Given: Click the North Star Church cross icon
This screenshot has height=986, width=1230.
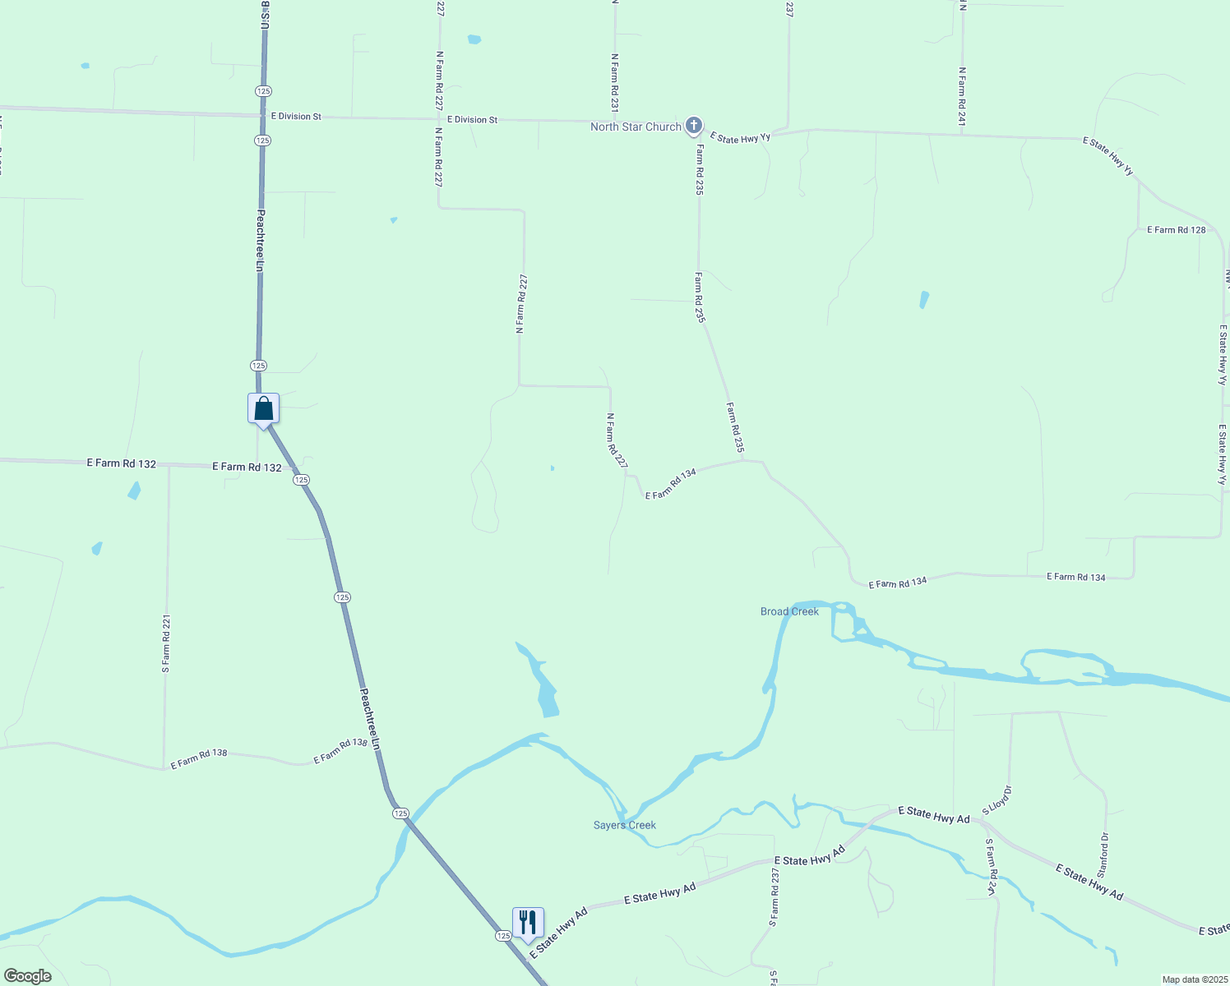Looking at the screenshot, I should click(x=694, y=126).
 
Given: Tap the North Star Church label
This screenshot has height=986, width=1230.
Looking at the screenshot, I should click(x=636, y=127).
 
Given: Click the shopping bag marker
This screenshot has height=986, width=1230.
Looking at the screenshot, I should click(x=263, y=408).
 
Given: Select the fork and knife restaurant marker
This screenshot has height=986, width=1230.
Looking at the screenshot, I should click(x=528, y=923).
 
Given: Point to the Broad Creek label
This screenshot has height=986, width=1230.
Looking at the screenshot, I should click(x=789, y=611).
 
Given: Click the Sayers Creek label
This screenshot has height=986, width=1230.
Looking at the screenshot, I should click(x=625, y=825).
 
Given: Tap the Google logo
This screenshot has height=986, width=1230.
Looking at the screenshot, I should click(x=27, y=976).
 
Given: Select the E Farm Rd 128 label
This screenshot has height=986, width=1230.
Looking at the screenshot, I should click(x=1176, y=230).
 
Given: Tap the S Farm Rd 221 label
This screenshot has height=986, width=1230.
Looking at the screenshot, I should click(x=166, y=644).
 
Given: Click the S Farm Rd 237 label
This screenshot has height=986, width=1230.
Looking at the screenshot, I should click(x=775, y=897).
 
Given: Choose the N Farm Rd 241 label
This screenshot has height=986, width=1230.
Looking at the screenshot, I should click(x=961, y=96).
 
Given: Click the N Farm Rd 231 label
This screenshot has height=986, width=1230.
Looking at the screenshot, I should click(x=614, y=83).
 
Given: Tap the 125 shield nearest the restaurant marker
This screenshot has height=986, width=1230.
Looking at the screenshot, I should click(x=502, y=935).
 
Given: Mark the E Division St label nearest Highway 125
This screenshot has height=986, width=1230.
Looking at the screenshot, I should click(x=296, y=117).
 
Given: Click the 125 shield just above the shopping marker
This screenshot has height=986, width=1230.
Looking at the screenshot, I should click(x=258, y=365).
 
